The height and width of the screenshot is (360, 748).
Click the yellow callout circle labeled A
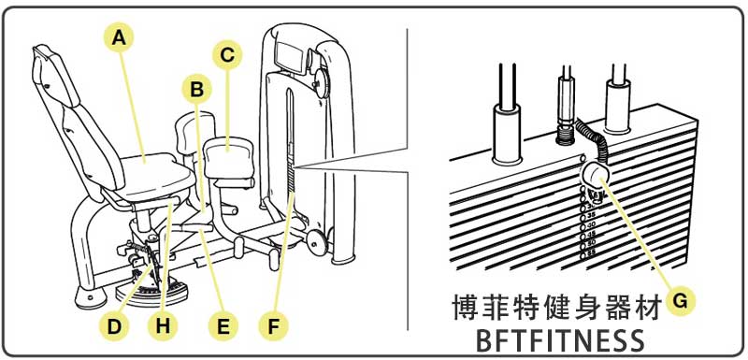pos(117,38)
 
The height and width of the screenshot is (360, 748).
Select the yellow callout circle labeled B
pos(195,90)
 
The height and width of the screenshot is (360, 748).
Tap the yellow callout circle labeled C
pos(226,55)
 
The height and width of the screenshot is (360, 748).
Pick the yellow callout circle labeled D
pos(113,326)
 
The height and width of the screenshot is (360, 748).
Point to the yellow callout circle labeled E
pos(223,326)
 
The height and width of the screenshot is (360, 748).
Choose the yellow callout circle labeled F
pos(274,326)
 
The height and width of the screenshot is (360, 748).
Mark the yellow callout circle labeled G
pos(682,300)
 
